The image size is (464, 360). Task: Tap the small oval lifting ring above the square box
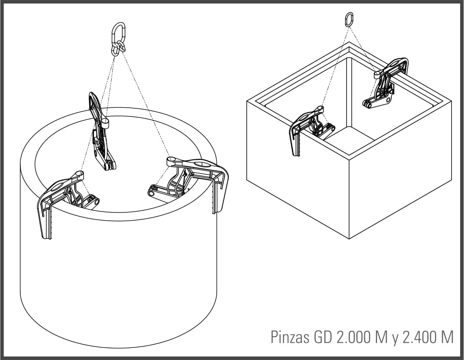pyautogui.click(x=349, y=19)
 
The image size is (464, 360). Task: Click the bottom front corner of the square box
pyautogui.click(x=349, y=238)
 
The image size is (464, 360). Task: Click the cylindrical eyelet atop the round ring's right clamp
pyautogui.click(x=172, y=161)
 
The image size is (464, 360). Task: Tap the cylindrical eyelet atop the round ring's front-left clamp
pyautogui.click(x=79, y=175)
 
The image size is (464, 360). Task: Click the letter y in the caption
pyautogui.click(x=395, y=339)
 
